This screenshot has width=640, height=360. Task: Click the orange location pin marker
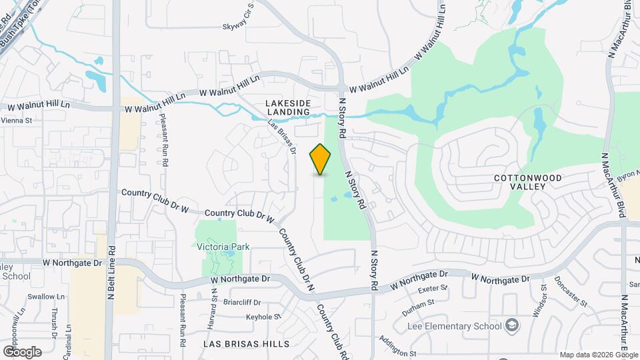[x=321, y=159]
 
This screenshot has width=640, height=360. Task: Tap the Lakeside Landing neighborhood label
[x=288, y=107]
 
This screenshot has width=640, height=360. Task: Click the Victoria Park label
[x=223, y=247]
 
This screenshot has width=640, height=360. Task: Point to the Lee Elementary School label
[x=453, y=327]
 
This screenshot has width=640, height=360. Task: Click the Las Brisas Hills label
[x=247, y=344]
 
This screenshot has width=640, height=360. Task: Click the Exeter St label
[x=431, y=289]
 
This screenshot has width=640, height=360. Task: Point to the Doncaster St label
[x=570, y=291]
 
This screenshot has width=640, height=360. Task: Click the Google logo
[x=22, y=351]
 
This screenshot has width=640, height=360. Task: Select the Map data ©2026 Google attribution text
[x=598, y=355]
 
